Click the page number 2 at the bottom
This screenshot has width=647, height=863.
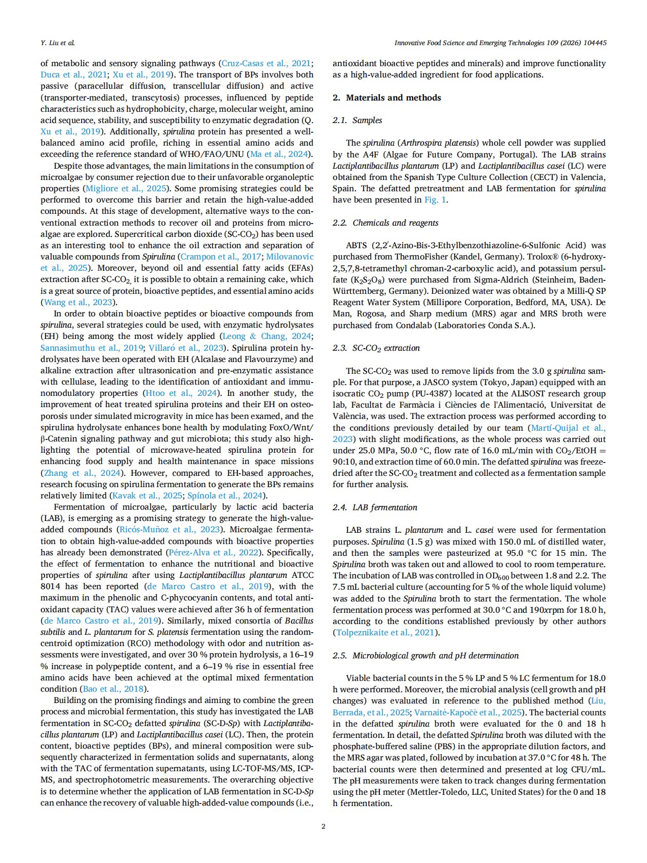point(323,826)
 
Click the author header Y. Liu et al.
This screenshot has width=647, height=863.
point(57,43)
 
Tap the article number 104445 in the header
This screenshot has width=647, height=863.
point(594,43)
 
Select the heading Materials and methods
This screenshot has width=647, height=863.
point(393,97)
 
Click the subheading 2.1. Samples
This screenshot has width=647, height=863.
point(357,120)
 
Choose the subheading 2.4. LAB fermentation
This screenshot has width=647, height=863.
point(375,507)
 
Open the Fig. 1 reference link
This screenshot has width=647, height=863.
point(435,199)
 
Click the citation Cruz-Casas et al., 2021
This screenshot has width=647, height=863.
point(266,63)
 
